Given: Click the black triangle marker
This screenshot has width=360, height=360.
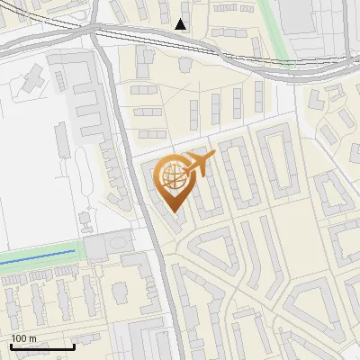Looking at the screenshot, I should pyautogui.click(x=181, y=24).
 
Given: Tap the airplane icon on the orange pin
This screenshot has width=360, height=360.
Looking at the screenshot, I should pyautogui.click(x=198, y=165).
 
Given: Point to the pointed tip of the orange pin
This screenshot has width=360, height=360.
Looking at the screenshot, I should pyautogui.click(x=174, y=211).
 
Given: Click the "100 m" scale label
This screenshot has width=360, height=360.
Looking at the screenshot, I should pyautogui.click(x=23, y=337).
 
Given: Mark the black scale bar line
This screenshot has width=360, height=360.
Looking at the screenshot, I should pyautogui.click(x=41, y=346).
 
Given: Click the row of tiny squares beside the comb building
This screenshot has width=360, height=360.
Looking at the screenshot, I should pyautogui.click(x=112, y=171).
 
